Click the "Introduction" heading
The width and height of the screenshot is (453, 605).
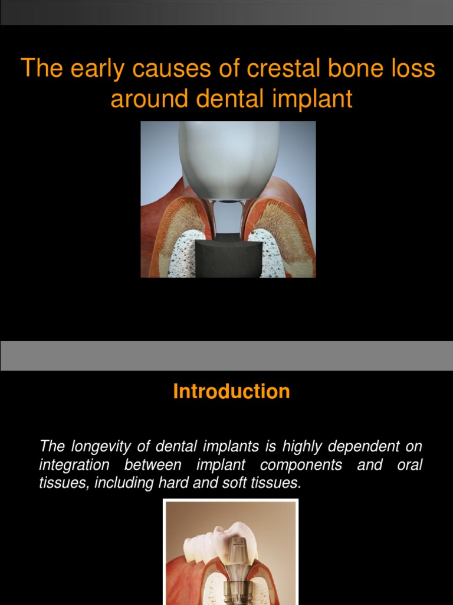pyautogui.click(x=231, y=391)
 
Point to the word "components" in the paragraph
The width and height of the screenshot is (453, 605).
pyautogui.click(x=295, y=465)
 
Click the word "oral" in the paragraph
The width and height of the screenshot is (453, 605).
pyautogui.click(x=409, y=465)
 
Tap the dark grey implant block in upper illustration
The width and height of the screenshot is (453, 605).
pyautogui.click(x=227, y=257)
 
